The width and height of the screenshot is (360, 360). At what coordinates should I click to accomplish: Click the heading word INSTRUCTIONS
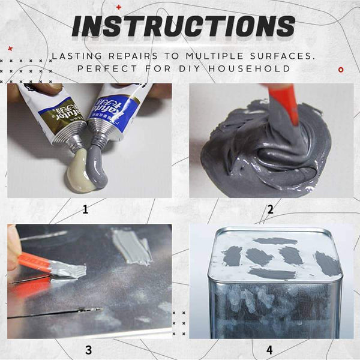pos(183,26)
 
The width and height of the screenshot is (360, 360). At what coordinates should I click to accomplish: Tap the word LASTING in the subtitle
pos(76,56)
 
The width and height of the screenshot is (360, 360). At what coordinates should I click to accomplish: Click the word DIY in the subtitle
pos(198,69)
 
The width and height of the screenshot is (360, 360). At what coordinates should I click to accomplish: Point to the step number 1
pos(85,210)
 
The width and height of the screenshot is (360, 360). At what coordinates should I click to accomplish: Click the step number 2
pos(271,210)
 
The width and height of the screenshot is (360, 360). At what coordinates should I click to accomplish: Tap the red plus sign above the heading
pos(118,7)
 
